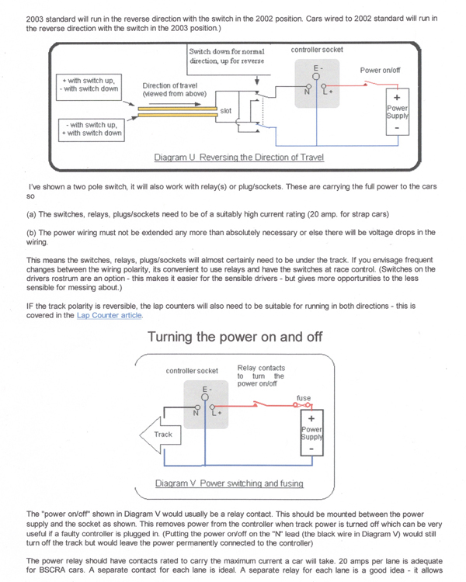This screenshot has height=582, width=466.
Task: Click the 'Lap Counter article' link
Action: tap(110, 316)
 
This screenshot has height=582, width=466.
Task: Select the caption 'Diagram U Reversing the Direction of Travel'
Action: tap(238, 157)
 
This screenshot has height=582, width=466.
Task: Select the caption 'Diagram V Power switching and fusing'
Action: tap(228, 483)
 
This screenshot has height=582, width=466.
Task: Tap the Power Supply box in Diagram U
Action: tap(397, 113)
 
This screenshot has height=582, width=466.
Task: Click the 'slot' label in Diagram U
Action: tap(225, 111)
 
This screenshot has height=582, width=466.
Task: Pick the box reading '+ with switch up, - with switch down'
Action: tap(89, 85)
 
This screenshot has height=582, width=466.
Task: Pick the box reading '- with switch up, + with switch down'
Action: tap(92, 128)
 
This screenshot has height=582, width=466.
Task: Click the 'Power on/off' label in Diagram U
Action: tap(381, 70)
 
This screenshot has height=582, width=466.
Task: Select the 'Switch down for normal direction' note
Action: tap(226, 55)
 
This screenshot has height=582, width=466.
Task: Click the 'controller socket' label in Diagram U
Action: tap(316, 50)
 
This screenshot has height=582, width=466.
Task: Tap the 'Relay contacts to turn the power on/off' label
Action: tap(260, 376)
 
